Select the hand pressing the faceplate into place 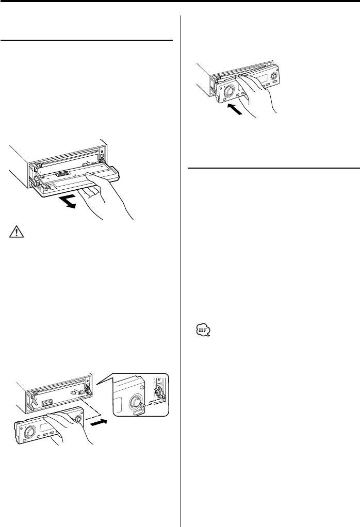258,98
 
